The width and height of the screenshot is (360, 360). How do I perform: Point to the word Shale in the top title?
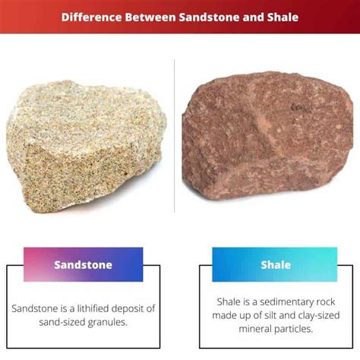click(x=280, y=15)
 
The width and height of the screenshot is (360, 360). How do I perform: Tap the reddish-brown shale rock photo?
click(x=270, y=144)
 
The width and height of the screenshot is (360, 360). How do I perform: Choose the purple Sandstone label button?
click(x=84, y=265)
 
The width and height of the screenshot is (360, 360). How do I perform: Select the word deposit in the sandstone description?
click(x=129, y=308)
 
